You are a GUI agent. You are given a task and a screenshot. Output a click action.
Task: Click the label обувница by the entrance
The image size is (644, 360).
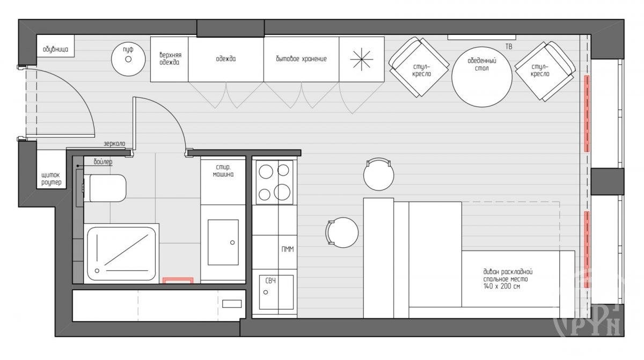[x=55, y=49]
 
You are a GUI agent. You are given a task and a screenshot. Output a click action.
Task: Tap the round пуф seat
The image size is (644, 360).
[x=128, y=59]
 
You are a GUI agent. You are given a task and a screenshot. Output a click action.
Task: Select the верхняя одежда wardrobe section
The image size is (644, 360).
[x=170, y=59]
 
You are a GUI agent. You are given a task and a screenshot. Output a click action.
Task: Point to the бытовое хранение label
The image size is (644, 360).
[x=301, y=59]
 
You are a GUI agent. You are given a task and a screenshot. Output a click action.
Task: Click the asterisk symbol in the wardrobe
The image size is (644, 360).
[x=361, y=60]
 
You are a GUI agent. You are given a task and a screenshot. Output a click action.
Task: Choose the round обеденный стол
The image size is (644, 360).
[x=482, y=77]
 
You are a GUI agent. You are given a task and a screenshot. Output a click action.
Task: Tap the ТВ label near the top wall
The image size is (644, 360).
[x=509, y=47]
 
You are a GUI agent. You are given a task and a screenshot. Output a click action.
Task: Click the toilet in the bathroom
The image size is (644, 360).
[x=105, y=188]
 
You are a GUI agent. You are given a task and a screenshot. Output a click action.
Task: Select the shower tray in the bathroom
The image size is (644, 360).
[x=121, y=253]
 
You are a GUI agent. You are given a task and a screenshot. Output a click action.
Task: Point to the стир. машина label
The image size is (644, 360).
[x=223, y=171]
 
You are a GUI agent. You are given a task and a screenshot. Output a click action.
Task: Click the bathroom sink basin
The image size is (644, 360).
[x=223, y=242]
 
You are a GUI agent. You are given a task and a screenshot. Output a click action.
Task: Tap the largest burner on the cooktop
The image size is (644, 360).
[x=282, y=192]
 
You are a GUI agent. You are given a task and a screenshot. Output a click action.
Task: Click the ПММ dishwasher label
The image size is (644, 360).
[x=288, y=249]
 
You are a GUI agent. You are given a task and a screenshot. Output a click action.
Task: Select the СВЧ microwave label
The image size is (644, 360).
[x=270, y=281]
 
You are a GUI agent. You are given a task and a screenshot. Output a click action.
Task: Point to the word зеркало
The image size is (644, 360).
[x=114, y=143]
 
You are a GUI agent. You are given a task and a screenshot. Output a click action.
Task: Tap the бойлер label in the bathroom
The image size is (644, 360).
[x=103, y=162]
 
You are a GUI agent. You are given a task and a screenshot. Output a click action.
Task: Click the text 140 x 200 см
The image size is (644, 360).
[x=502, y=286]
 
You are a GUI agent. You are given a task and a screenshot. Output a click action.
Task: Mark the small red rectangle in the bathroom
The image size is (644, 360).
[x=178, y=281]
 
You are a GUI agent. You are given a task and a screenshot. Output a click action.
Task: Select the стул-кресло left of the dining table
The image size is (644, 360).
[x=419, y=67]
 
